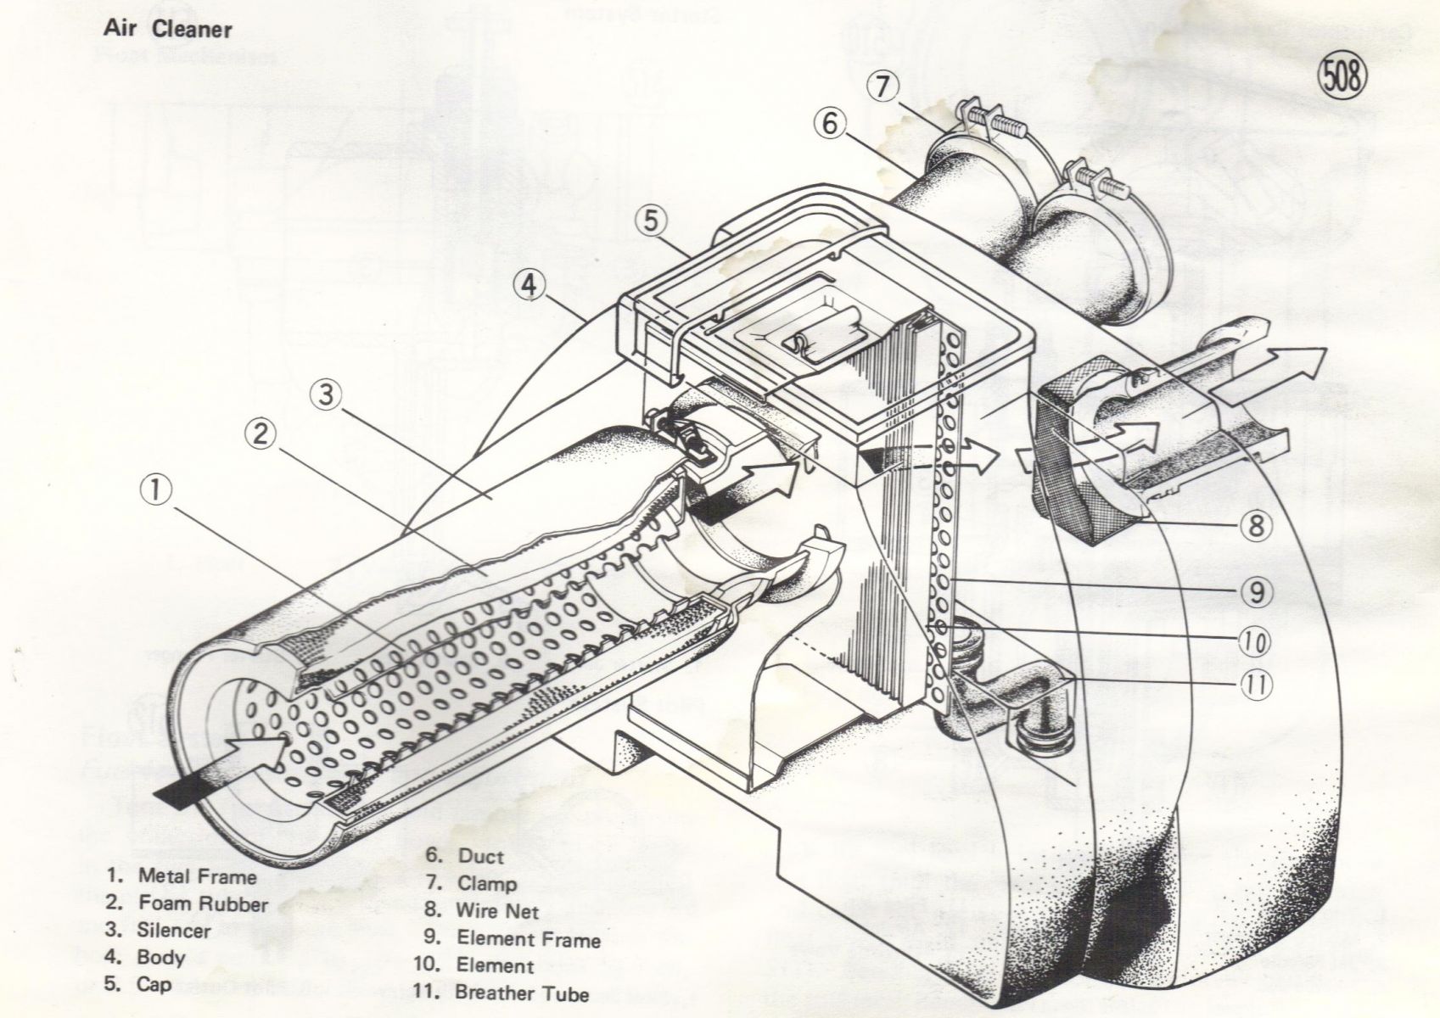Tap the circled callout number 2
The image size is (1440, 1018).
click(x=261, y=434)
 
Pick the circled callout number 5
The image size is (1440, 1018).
click(x=650, y=221)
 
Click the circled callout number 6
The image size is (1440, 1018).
click(x=829, y=124)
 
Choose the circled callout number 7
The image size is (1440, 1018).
click(x=883, y=87)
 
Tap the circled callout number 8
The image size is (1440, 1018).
click(x=1256, y=526)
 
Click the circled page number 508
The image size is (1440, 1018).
click(x=1343, y=78)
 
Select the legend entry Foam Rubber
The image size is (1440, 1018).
click(x=202, y=903)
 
